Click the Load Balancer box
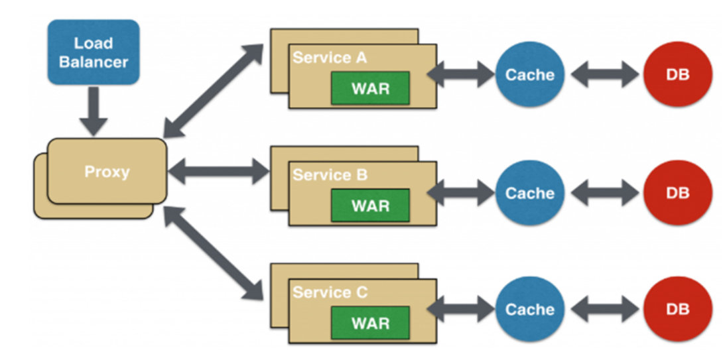[x=94, y=52]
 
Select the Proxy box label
[x=107, y=172]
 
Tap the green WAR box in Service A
[x=370, y=88]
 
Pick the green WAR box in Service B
[x=370, y=205]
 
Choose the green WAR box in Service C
[x=370, y=324]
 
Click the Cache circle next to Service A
[x=529, y=75]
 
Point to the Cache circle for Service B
[x=529, y=193]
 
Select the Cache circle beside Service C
[x=529, y=310]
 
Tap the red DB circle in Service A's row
[x=677, y=75]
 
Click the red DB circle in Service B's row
[x=677, y=193]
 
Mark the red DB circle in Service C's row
[x=677, y=310]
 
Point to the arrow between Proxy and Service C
[x=214, y=253]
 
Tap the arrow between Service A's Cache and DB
[x=604, y=75]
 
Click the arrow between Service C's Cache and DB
[x=604, y=310]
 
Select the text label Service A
[x=330, y=58]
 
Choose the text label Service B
[x=330, y=175]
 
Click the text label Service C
[x=330, y=292]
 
